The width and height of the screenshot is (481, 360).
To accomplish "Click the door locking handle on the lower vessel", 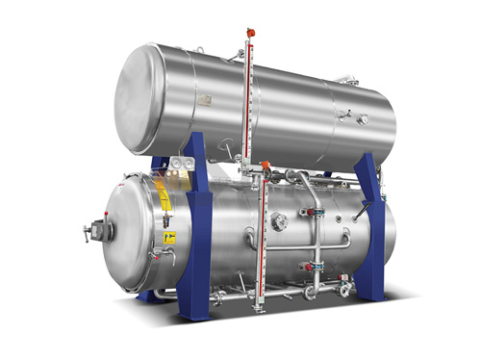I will pos(93,231).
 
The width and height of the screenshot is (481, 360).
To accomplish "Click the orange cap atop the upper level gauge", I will pos(250,31).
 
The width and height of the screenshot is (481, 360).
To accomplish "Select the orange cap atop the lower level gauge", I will pos(266,166).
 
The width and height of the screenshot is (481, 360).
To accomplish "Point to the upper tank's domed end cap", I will pos(135,95).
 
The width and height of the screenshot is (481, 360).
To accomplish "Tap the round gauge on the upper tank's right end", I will pos(363,120).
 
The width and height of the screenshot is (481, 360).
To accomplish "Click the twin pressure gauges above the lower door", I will pos(178,166).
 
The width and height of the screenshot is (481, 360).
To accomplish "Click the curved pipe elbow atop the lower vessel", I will pos(301,178).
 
